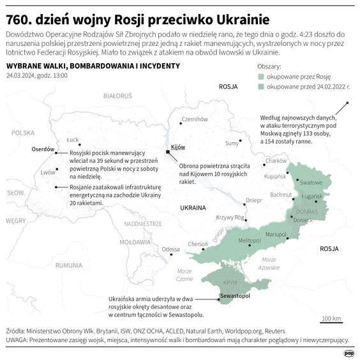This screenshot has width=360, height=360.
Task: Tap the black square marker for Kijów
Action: pos(168,153)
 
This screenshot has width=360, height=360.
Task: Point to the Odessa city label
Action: pos(170,249)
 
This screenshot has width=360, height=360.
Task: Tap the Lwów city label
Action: pos(47,172)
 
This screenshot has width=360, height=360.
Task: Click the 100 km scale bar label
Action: pos(332,318)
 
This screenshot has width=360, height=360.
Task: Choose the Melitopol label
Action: pos(250,240)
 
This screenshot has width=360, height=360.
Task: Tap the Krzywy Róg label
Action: pos(230,217)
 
